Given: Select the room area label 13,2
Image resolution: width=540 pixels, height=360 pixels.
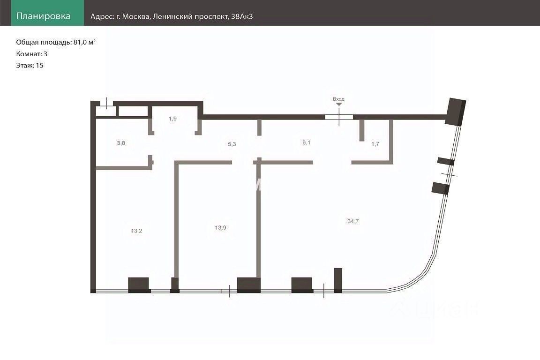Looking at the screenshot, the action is (x=136, y=231).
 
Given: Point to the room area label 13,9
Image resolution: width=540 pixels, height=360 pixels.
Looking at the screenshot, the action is (x=221, y=227).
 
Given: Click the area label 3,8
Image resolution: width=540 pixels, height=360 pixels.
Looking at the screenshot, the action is (x=121, y=143).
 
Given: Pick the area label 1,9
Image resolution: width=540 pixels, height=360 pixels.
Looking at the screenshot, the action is (x=173, y=119).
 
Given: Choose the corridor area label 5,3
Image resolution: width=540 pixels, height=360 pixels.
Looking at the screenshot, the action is (x=232, y=144).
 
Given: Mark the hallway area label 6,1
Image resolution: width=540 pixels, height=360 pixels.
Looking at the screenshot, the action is (x=306, y=142).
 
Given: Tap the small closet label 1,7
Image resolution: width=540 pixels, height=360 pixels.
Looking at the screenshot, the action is (x=375, y=144).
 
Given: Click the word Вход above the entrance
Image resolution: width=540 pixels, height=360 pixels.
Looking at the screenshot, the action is (x=338, y=99).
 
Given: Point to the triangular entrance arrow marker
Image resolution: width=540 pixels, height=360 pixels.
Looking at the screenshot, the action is (x=339, y=105).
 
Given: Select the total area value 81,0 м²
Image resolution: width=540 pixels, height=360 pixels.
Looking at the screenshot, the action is (x=85, y=42).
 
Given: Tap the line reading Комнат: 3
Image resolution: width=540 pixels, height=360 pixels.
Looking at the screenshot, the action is (x=32, y=54).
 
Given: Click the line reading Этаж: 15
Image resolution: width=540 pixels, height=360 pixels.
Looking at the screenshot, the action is (x=30, y=66).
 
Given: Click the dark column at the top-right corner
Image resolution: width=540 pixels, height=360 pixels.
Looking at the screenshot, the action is (x=456, y=112).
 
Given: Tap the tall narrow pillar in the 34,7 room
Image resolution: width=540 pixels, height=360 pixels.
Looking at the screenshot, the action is (x=338, y=279).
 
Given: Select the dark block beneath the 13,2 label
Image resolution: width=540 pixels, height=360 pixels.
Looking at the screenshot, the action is (x=139, y=284).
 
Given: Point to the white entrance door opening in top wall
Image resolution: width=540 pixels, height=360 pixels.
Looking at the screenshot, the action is (x=339, y=117).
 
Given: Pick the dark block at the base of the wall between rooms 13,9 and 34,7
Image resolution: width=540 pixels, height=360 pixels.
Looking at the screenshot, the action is (x=248, y=285).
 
